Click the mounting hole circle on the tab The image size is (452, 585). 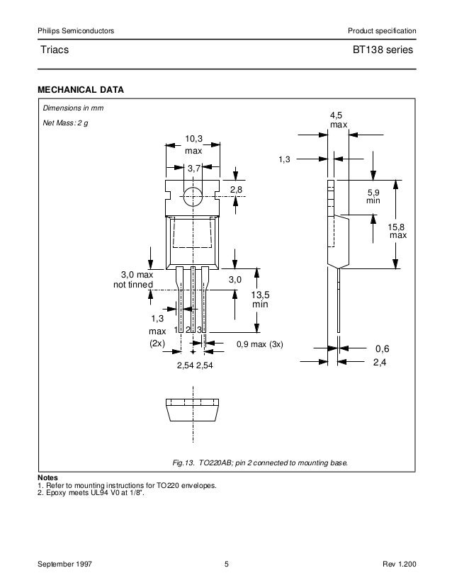(x=193, y=196)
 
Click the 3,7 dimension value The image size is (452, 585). (x=194, y=168)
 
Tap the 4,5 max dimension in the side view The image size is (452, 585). (x=339, y=120)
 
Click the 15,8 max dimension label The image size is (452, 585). (x=397, y=229)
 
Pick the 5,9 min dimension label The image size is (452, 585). (x=373, y=196)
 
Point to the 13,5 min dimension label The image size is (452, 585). (x=261, y=300)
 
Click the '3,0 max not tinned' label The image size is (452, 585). (x=134, y=279)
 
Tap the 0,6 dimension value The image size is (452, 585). (x=383, y=348)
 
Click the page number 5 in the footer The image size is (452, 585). (x=226, y=564)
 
